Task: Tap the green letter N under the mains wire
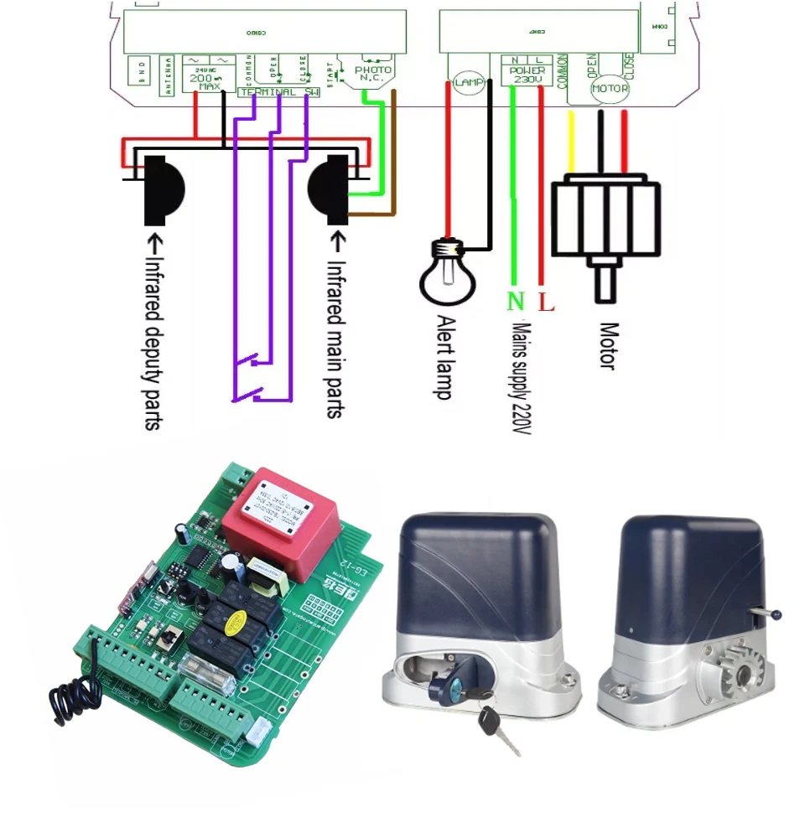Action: [514, 303]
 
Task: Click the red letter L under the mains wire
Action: [546, 303]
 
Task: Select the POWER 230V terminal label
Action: [527, 71]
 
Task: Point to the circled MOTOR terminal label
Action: [610, 88]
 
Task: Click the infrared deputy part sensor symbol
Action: [163, 190]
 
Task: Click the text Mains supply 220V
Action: [522, 377]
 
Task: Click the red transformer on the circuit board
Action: [280, 511]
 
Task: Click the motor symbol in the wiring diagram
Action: [606, 218]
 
